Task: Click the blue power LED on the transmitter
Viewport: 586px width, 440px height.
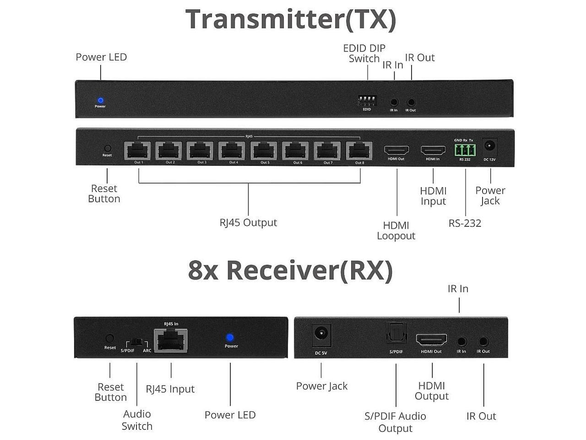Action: (x=100, y=100)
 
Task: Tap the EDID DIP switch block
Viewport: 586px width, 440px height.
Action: (x=367, y=100)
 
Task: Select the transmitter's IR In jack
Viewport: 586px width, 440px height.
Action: (x=394, y=103)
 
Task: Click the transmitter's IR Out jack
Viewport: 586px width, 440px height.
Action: (x=411, y=103)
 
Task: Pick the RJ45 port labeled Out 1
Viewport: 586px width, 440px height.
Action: (x=138, y=150)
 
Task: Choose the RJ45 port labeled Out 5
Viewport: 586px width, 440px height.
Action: (x=265, y=150)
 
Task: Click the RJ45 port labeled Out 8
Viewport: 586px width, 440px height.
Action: (x=359, y=150)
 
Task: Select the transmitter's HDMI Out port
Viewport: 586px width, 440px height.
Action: (x=396, y=150)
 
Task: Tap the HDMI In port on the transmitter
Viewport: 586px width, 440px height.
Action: (x=433, y=150)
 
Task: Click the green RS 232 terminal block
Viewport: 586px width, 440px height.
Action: (x=465, y=150)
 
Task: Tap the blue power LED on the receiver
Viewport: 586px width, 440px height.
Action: (x=230, y=338)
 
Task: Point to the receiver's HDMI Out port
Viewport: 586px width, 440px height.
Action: (x=431, y=340)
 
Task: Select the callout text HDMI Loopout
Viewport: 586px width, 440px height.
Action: (x=396, y=231)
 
